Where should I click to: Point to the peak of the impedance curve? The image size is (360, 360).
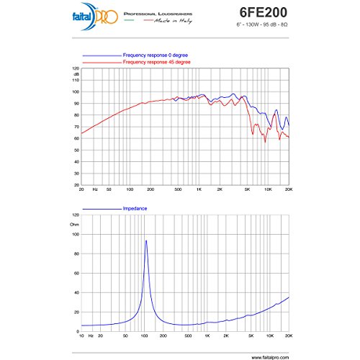click(146, 240)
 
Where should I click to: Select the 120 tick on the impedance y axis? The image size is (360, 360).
click(74, 215)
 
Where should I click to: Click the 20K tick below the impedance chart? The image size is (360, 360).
click(289, 336)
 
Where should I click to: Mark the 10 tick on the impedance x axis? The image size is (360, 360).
click(82, 336)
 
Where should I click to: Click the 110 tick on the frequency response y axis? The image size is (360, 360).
click(75, 80)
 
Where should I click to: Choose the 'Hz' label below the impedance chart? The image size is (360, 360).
click(93, 336)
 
